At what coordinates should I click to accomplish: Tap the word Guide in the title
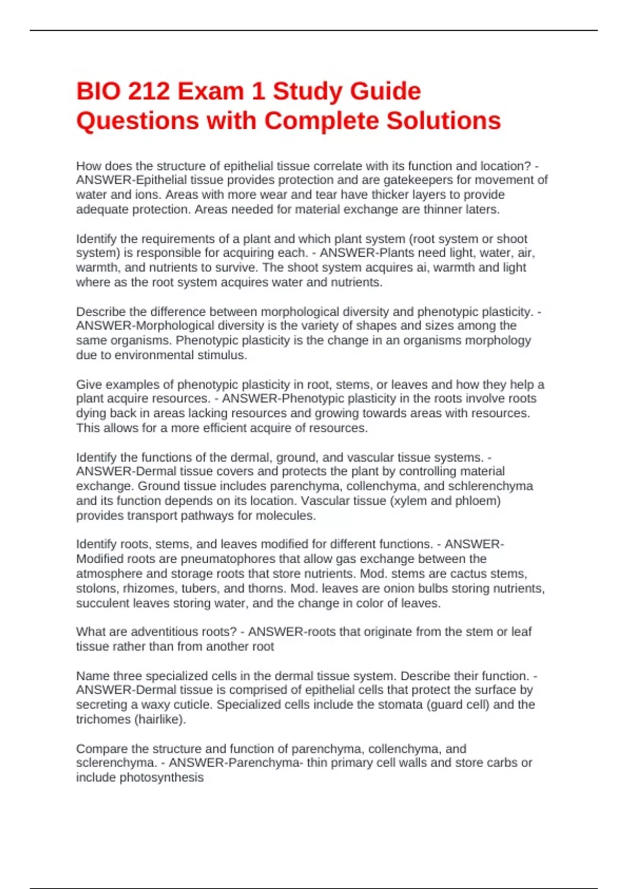point(385,92)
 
